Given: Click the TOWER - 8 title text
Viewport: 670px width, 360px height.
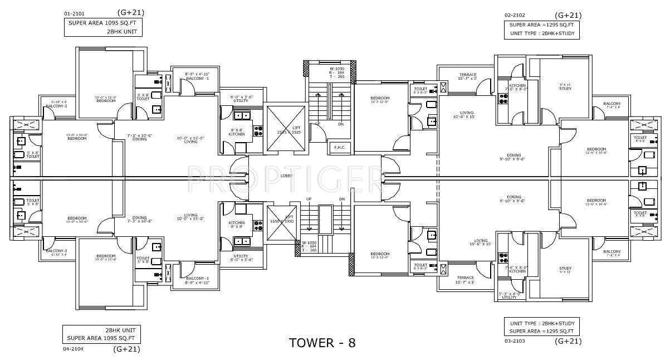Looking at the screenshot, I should point(322,342).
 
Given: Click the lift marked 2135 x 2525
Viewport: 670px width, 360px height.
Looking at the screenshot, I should point(286,128).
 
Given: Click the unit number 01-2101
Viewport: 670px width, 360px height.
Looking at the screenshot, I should point(75,12).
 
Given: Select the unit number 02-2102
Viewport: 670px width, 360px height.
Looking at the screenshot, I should point(516,16).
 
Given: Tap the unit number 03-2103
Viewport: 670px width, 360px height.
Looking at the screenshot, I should point(516,340).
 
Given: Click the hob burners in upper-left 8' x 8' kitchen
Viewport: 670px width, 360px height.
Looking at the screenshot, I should point(258,131).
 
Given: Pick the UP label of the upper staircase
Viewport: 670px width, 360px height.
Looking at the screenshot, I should point(317,124).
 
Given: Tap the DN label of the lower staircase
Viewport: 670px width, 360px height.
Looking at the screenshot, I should point(341,199).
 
